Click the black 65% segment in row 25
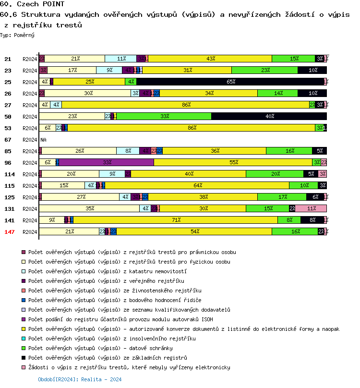[x=230, y=82]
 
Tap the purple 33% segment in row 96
[x=107, y=163]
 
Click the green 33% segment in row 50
[x=164, y=117]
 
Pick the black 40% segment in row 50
[x=269, y=117]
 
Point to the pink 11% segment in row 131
[x=311, y=209]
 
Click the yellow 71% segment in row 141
[x=175, y=220]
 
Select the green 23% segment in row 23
[x=264, y=71]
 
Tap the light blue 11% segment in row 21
[x=120, y=59]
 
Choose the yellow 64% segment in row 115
[x=197, y=186]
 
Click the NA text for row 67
[x=43, y=140]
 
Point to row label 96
[x=8, y=163]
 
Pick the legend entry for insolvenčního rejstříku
[x=112, y=339]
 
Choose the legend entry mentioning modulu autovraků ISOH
[x=120, y=319]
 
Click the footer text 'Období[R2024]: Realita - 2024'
[x=80, y=379]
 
